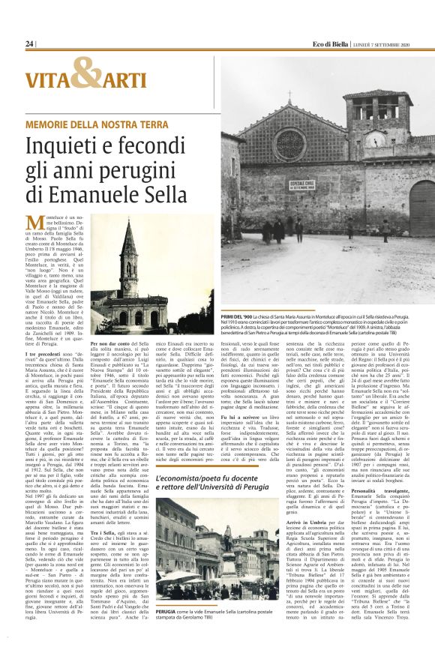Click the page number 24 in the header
click(29, 44)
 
